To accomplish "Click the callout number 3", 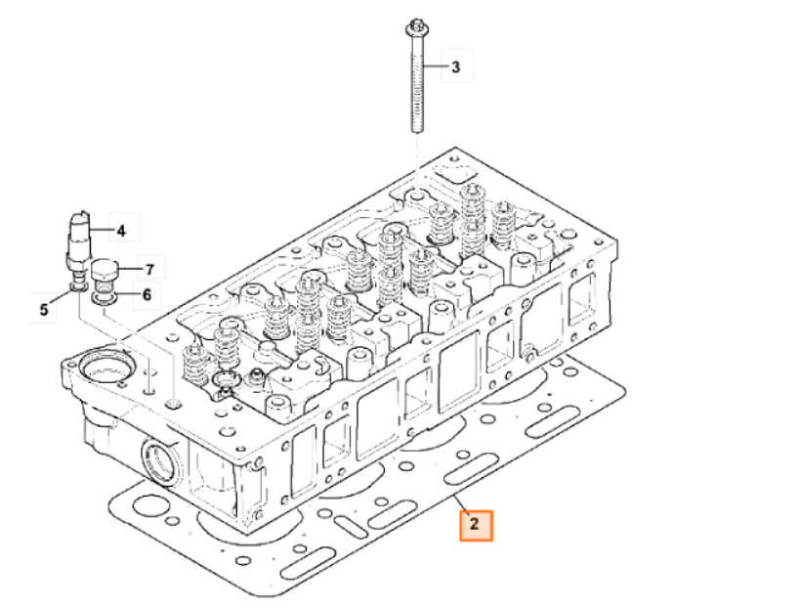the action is pos(455,66).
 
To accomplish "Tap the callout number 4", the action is pos(121,231).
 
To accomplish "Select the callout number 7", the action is pos(149,269).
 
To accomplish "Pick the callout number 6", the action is pos(147,294).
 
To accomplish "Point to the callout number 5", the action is pos(44,309).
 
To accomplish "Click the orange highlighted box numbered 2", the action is pos(476,525).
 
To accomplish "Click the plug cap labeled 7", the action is pos(105,274).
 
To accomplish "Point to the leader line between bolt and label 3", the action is pos(433,66).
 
